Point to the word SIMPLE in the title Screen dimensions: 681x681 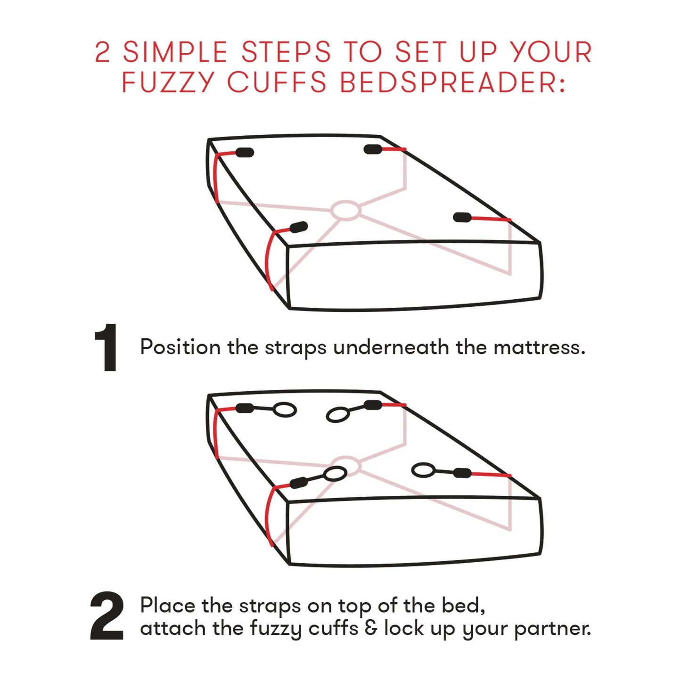(175, 52)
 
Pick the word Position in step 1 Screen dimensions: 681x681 (180, 347)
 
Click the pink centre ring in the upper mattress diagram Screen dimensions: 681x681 (346, 211)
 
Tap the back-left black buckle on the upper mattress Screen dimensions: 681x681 (245, 153)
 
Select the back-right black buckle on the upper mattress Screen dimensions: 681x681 (373, 149)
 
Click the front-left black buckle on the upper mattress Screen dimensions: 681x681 (299, 227)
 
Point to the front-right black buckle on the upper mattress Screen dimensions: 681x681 (462, 217)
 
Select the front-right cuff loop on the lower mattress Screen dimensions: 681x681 (423, 470)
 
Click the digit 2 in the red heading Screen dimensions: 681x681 (102, 52)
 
